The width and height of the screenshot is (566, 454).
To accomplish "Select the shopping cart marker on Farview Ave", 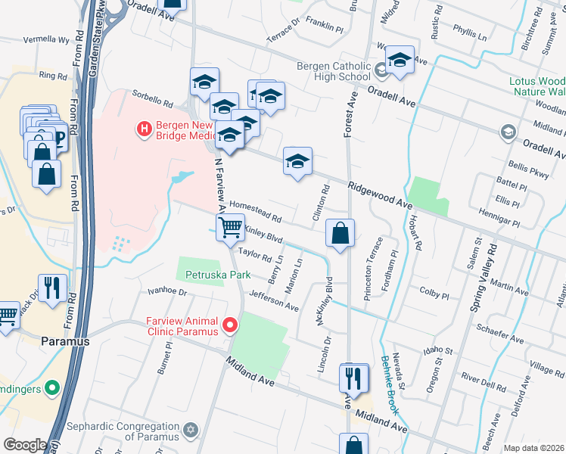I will (x=230, y=226).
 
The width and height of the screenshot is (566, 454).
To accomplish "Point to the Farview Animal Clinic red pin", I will (x=229, y=326).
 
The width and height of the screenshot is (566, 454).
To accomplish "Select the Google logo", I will (x=25, y=445).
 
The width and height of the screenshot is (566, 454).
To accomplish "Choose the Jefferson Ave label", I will (x=275, y=301).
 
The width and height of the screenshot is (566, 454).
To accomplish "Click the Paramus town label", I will (x=66, y=341).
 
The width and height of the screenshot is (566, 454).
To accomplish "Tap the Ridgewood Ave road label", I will (x=381, y=195).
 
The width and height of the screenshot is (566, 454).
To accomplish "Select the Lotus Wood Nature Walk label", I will (x=536, y=86).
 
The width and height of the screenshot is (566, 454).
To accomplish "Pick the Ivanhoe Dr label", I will (x=166, y=291).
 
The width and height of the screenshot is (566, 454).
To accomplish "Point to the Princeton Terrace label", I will (x=373, y=268).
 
